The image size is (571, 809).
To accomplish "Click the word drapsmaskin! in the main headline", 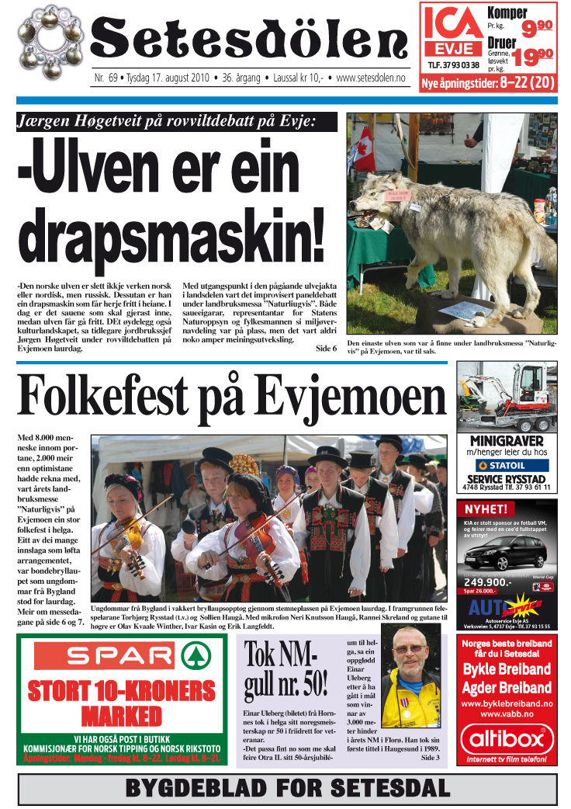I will [171, 231].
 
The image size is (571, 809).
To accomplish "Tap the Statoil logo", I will [507, 465].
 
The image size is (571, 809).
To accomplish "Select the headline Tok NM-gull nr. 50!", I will [285, 670].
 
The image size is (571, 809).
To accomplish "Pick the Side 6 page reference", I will [326, 349].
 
